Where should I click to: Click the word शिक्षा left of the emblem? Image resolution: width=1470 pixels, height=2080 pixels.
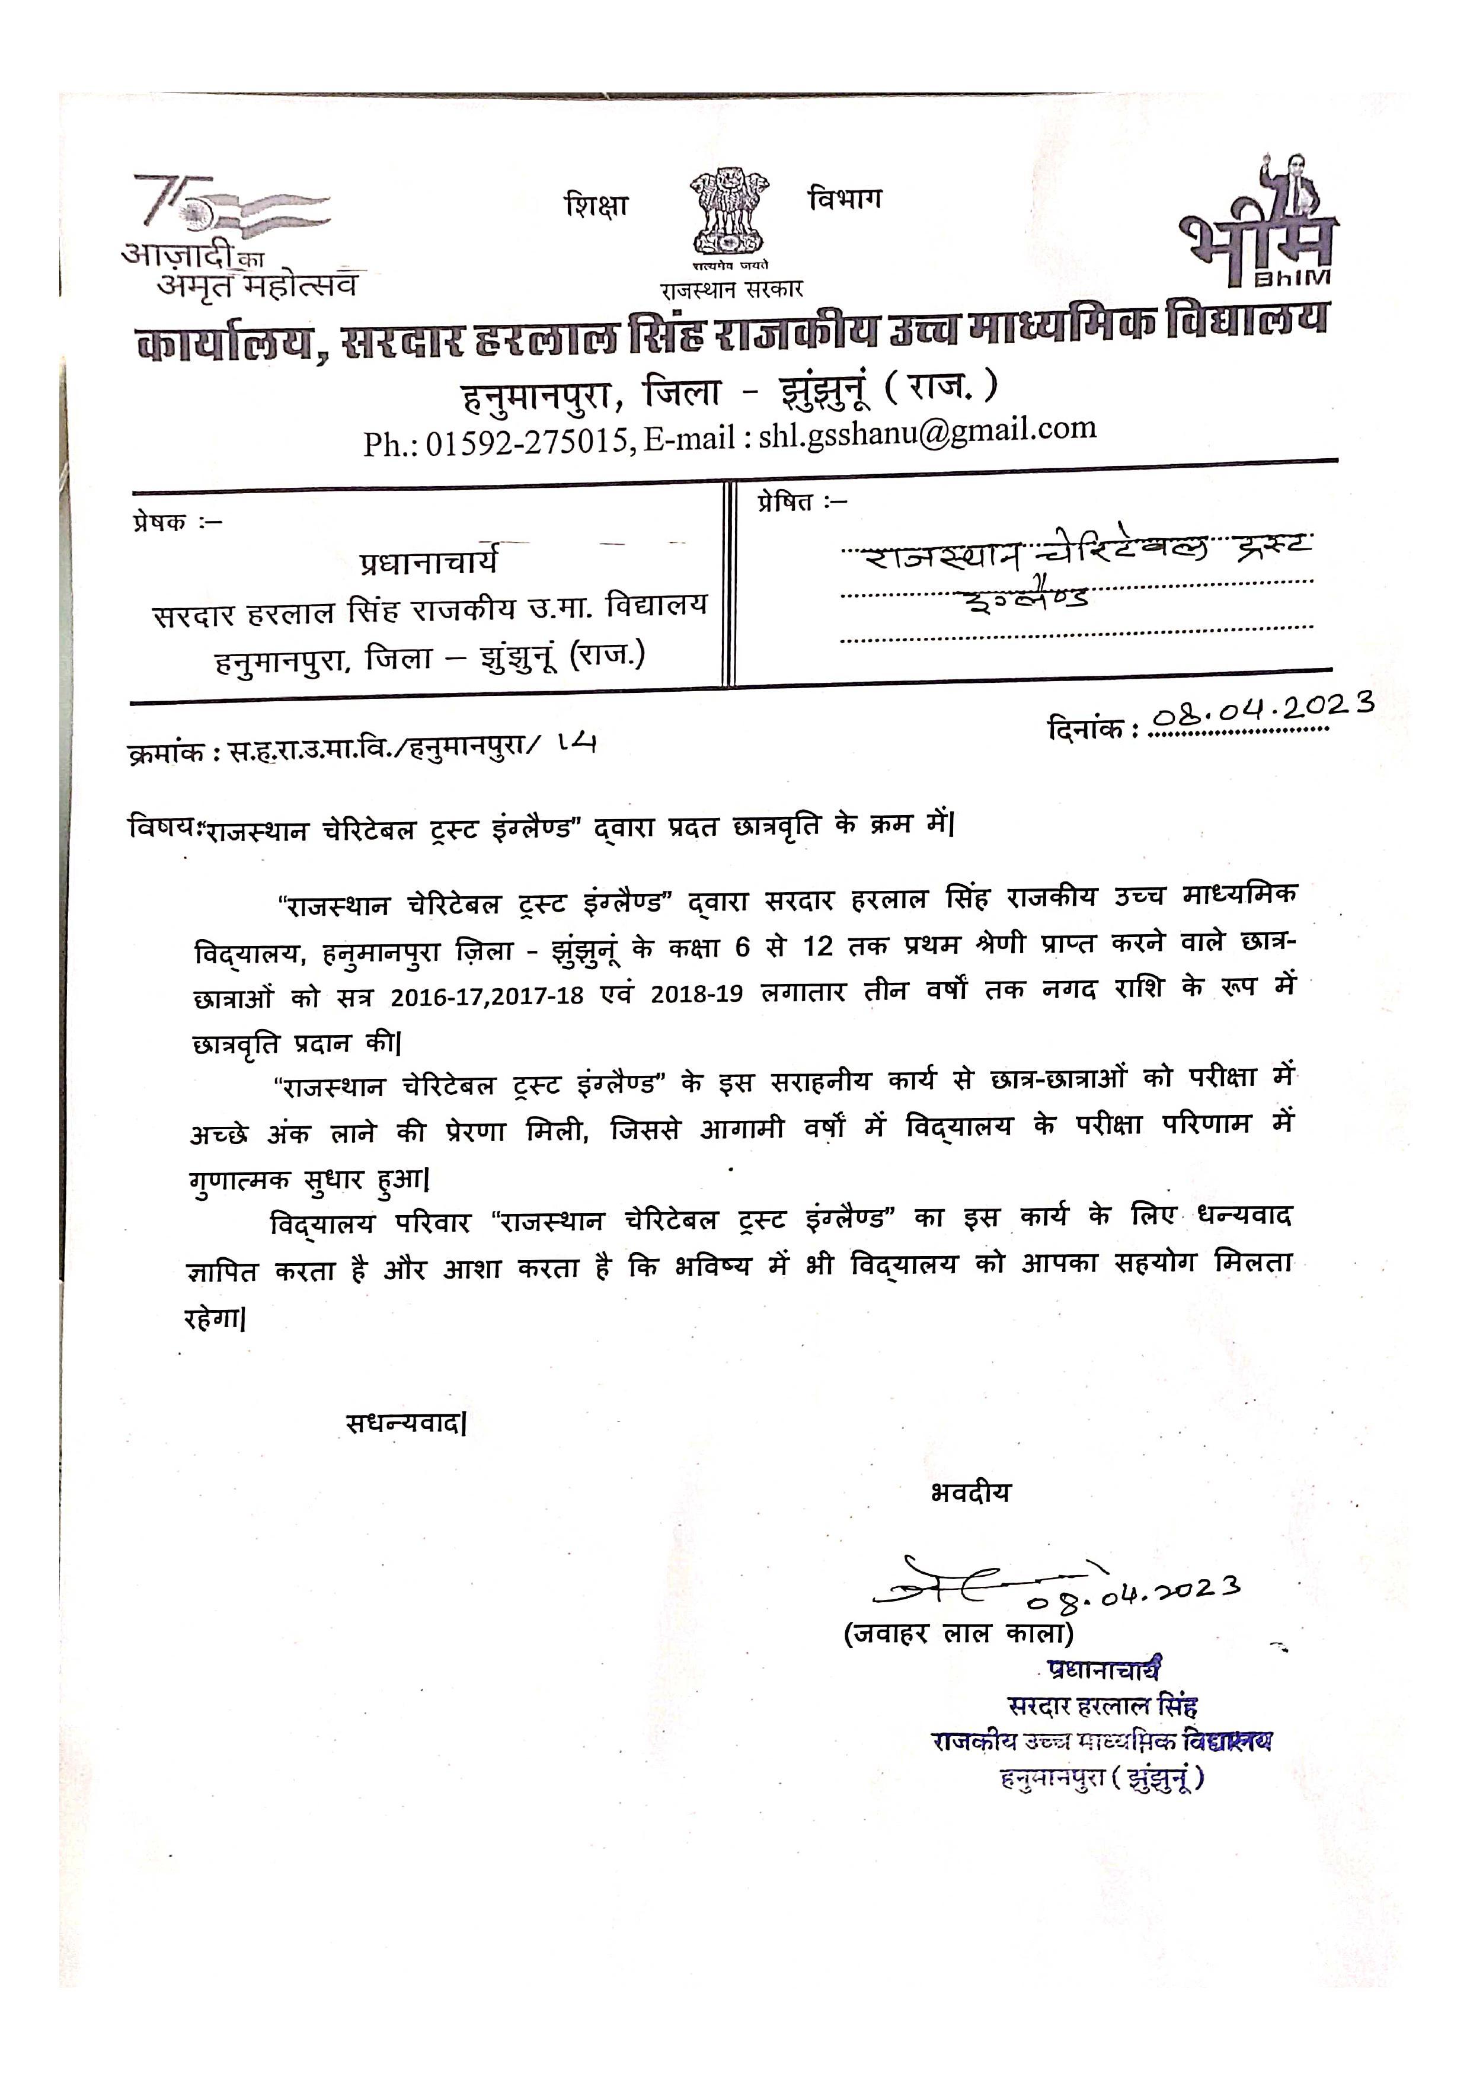pyautogui.click(x=595, y=205)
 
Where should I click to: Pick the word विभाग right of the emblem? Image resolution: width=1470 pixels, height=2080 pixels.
pyautogui.click(x=844, y=199)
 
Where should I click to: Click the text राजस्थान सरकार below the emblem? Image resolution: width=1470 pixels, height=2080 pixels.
pyautogui.click(x=731, y=290)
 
